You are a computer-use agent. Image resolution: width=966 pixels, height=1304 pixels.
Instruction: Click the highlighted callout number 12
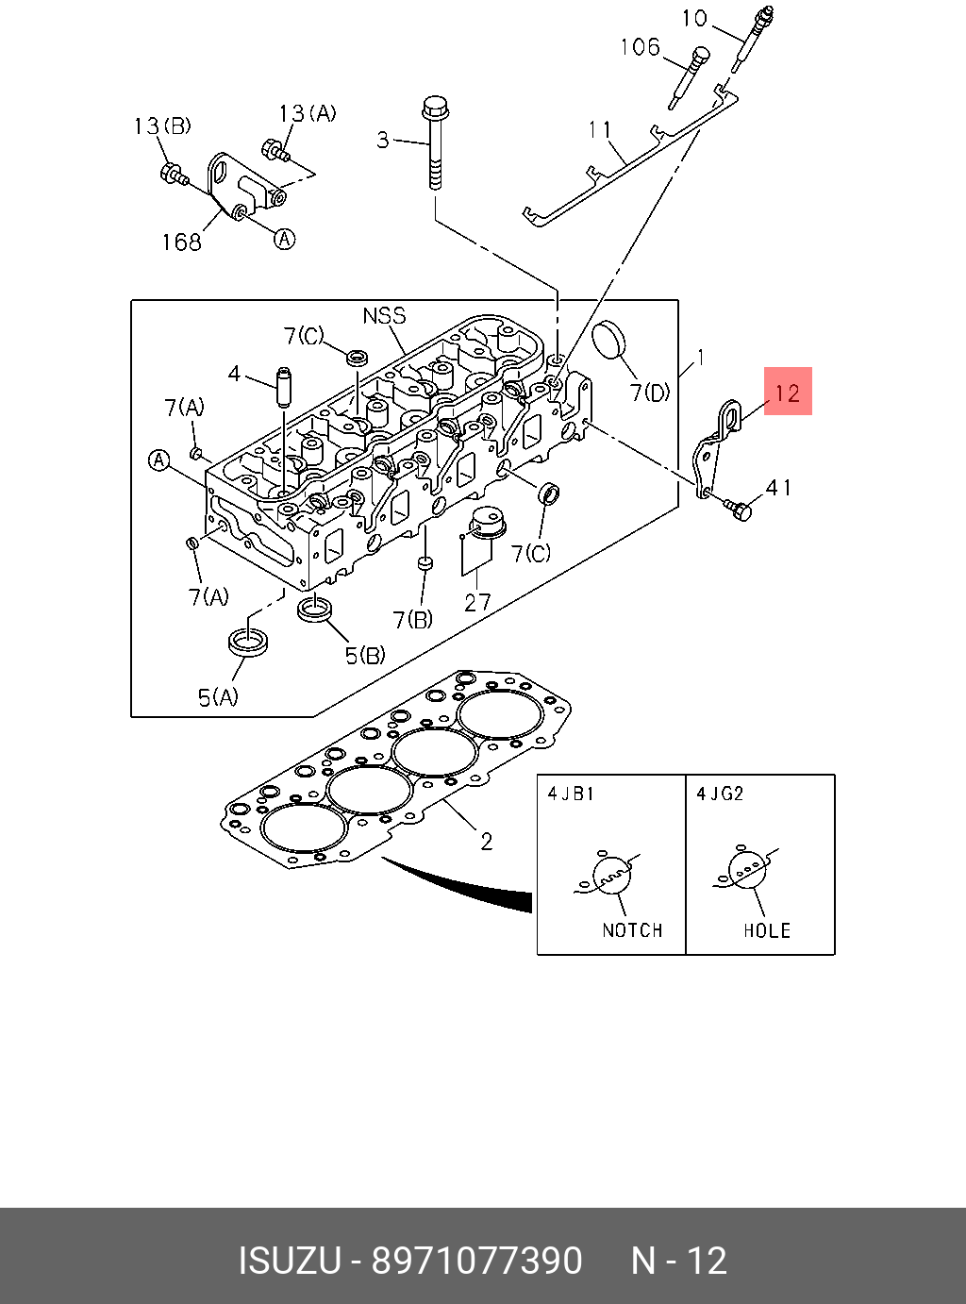(788, 392)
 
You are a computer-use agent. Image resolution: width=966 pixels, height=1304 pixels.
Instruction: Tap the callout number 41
(779, 488)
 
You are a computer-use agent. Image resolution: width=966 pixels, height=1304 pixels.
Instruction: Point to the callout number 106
(640, 47)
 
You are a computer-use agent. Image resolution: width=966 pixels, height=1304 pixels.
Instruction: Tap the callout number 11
(601, 129)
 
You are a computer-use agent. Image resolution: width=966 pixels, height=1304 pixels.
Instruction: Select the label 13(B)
(162, 126)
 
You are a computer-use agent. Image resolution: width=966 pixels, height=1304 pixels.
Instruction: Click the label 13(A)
(308, 114)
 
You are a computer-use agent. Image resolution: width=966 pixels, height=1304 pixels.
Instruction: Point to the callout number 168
(181, 242)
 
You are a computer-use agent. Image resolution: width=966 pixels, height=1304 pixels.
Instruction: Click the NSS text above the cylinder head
(384, 315)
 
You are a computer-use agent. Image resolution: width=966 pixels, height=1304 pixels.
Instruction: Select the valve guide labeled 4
(281, 387)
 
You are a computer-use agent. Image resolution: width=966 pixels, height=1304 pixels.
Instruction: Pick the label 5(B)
(365, 655)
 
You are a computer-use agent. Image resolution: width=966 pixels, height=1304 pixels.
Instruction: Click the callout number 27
(477, 603)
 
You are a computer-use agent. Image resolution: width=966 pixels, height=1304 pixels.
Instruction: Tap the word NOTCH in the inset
(632, 930)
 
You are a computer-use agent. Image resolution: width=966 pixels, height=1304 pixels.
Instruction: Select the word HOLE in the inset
(766, 930)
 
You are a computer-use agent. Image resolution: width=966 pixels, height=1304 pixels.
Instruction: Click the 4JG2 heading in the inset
(720, 794)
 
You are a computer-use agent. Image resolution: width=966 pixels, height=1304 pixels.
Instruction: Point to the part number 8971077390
(476, 1261)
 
